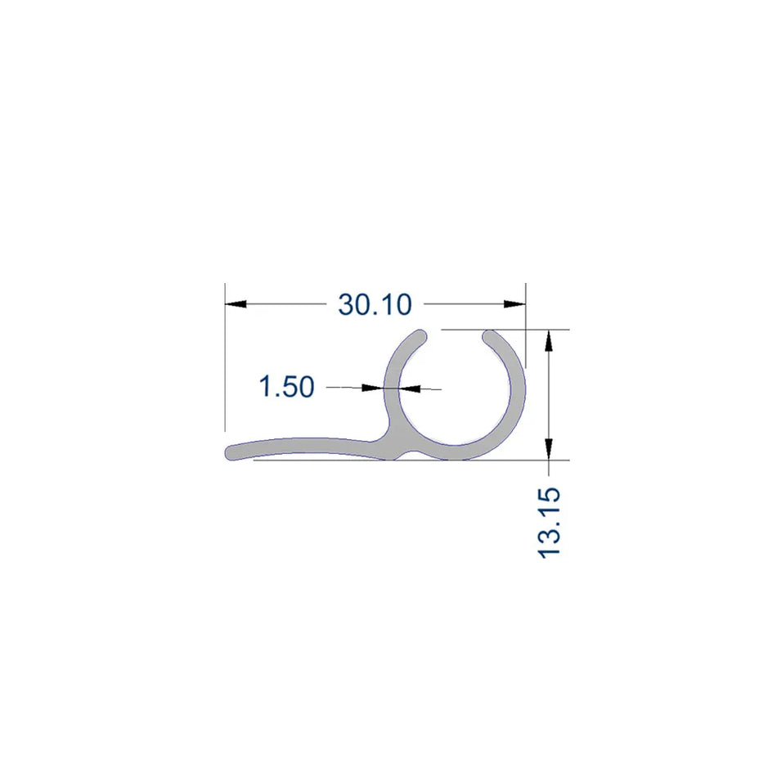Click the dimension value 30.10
tap(374, 304)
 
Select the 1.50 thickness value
tap(286, 386)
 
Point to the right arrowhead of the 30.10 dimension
tap(514, 304)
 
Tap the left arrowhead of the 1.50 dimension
tap(375, 387)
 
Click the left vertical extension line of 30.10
tap(225, 360)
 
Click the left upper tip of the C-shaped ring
tap(420, 336)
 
